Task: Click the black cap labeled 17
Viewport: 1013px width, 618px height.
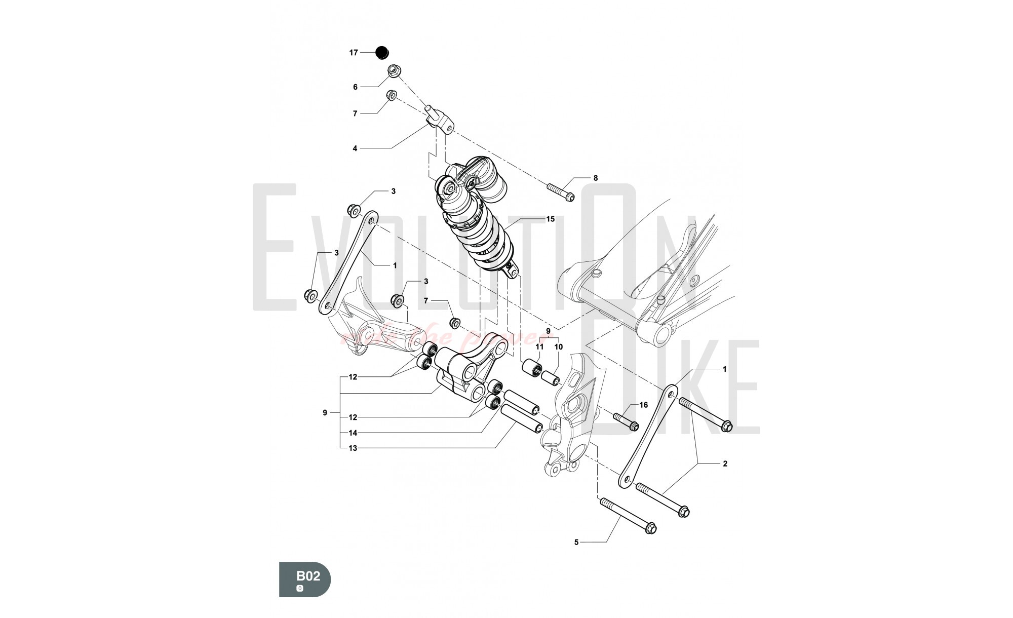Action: [x=381, y=52]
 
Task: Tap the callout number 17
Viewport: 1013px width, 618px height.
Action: [x=354, y=53]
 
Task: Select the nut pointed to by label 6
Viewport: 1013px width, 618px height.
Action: [x=395, y=71]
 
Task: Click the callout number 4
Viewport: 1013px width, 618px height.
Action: [x=355, y=148]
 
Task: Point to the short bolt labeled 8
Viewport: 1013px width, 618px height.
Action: [x=560, y=192]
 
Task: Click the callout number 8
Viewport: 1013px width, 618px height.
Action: [x=596, y=178]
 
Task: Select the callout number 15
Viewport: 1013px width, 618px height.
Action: [x=550, y=219]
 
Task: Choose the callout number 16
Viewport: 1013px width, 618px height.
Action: [x=644, y=405]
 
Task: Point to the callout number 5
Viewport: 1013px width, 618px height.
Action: [x=576, y=543]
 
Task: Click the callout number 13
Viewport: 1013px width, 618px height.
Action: [x=353, y=448]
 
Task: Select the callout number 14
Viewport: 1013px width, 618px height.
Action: [x=353, y=433]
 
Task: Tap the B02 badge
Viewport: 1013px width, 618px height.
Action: [x=305, y=578]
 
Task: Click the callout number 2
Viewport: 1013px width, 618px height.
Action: [x=725, y=463]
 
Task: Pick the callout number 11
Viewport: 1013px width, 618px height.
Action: [x=539, y=347]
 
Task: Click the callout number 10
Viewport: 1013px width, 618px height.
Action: [x=558, y=347]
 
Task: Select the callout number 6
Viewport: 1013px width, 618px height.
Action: [x=355, y=87]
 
